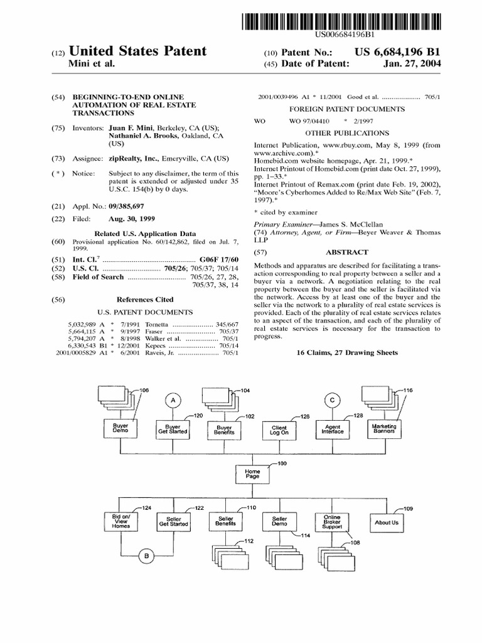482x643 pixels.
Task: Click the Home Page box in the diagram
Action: click(x=252, y=473)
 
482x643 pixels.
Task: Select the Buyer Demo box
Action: click(x=120, y=428)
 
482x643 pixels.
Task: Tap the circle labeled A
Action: click(x=173, y=400)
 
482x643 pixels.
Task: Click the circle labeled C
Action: click(x=333, y=400)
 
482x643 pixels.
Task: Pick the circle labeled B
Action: click(x=146, y=554)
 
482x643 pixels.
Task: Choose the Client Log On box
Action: click(x=279, y=430)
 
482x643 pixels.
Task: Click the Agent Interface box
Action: click(x=333, y=430)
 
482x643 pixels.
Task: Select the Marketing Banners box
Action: click(x=385, y=428)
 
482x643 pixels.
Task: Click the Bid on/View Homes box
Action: click(x=120, y=521)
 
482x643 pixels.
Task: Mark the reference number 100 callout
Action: click(x=280, y=463)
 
